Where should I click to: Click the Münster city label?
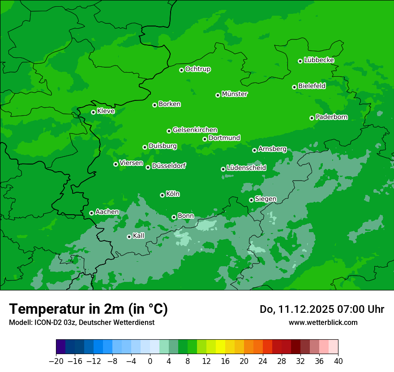point(235,94)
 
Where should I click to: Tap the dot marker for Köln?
point(162,195)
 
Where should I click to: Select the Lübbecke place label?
point(319,60)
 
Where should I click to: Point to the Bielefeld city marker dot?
point(294,87)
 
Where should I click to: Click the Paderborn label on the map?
point(331,117)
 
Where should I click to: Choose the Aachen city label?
point(107,212)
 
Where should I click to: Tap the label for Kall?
point(139,236)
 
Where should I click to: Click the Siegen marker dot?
point(251,200)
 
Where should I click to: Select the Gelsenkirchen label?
point(195,130)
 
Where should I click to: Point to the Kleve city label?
point(106,111)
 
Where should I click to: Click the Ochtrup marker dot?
point(181,70)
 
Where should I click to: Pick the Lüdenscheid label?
point(246,168)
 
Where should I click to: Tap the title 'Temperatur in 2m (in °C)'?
point(88,309)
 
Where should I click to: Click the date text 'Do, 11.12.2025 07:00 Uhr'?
point(322,309)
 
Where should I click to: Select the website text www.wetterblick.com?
point(323,322)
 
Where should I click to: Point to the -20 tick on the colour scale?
point(56,361)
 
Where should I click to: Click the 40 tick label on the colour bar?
point(338,361)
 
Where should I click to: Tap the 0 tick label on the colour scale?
point(150,361)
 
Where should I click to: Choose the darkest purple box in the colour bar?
point(61,347)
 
